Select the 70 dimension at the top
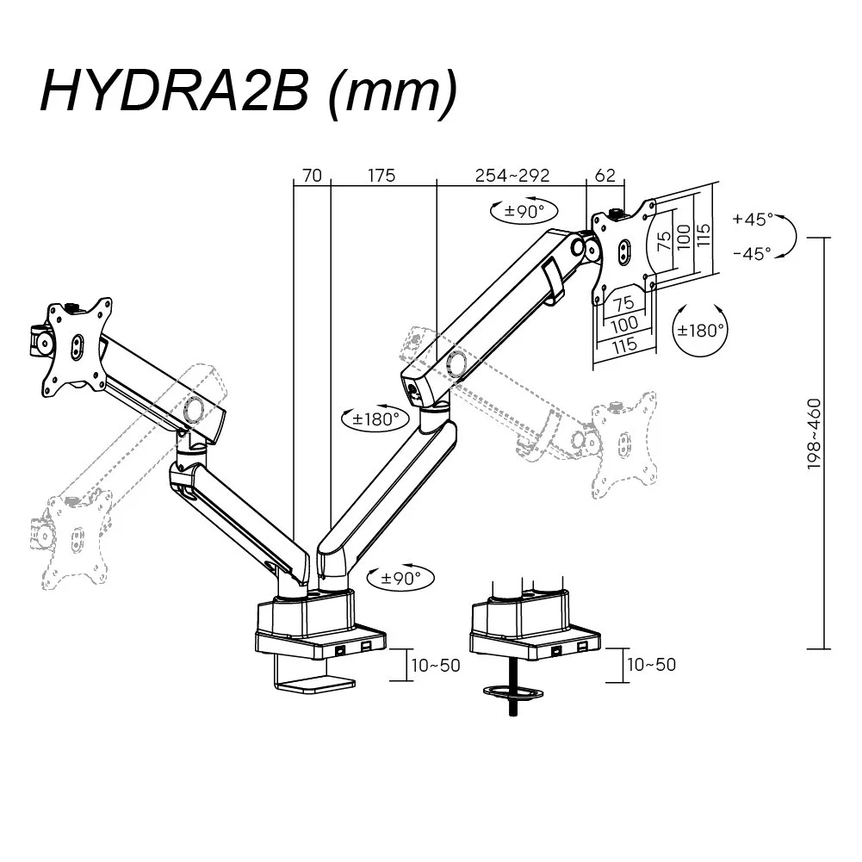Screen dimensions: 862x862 pos(312,176)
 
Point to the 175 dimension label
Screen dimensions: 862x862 pos(381,176)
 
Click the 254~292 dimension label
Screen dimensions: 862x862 pos(512,176)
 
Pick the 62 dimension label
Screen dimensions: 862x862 pos(605,176)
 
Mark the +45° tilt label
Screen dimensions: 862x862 pos(753,219)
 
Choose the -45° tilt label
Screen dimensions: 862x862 pos(753,253)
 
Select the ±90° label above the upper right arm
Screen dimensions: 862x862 pos(523,211)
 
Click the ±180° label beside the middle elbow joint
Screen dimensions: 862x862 pos(376,419)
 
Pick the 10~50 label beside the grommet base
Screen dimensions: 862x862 pos(652,665)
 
